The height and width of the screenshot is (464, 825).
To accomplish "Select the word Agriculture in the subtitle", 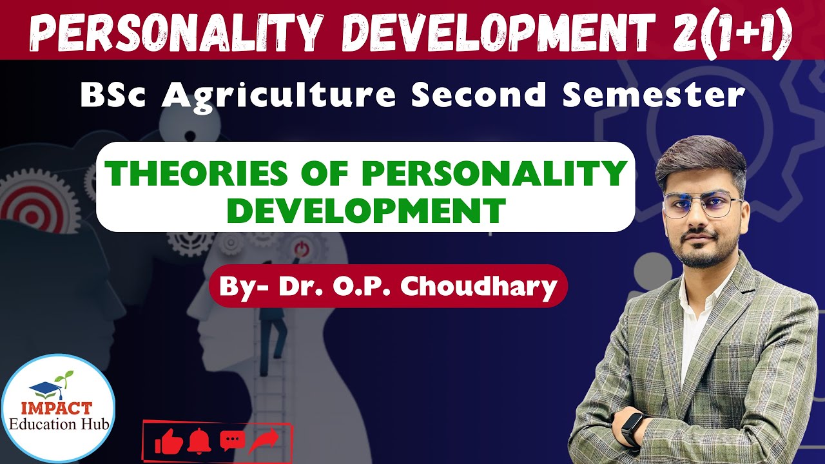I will (279, 95).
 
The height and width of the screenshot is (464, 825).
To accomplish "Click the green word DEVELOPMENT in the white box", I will (365, 210).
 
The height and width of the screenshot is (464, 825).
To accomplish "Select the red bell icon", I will (200, 441).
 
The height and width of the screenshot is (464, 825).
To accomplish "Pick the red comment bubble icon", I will (232, 441).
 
